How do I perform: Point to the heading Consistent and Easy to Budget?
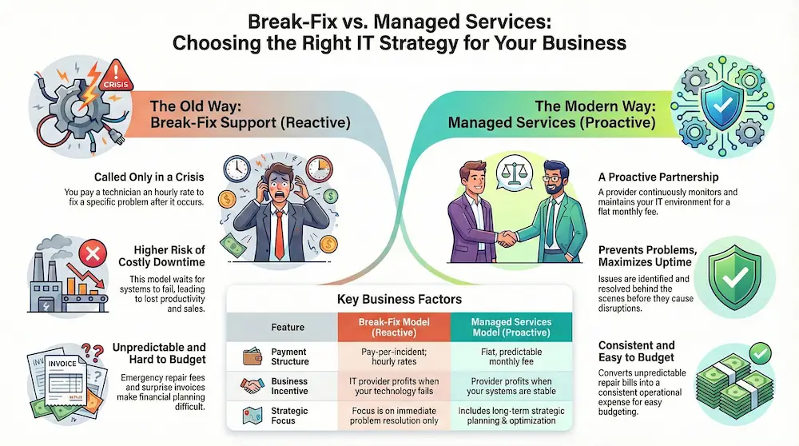tap(637, 352)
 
